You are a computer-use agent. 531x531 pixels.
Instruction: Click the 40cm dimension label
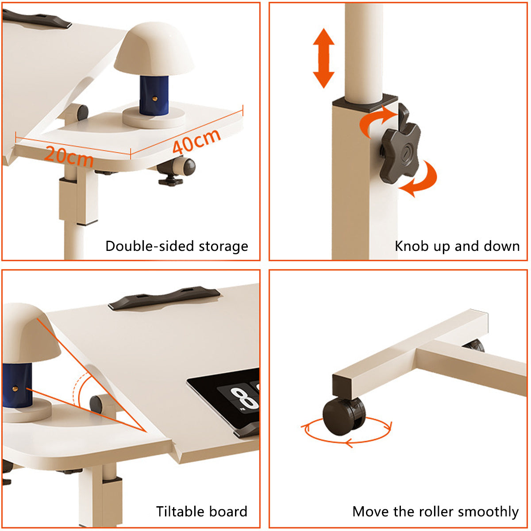pos(196,141)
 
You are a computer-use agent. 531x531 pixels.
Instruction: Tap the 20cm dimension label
pos(69,157)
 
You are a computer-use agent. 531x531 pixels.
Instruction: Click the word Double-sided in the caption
pos(150,246)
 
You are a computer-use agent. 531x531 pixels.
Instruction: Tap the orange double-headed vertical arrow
pos(323,58)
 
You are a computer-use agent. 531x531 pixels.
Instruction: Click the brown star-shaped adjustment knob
pos(400,144)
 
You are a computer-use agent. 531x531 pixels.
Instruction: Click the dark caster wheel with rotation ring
pos(344,416)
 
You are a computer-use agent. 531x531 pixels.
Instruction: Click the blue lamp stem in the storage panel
pos(154,95)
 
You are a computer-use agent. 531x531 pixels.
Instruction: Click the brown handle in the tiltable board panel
pos(164,298)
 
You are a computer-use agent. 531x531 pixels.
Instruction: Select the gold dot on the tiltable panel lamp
pos(15,389)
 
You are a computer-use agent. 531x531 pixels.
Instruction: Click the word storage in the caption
pos(223,246)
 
